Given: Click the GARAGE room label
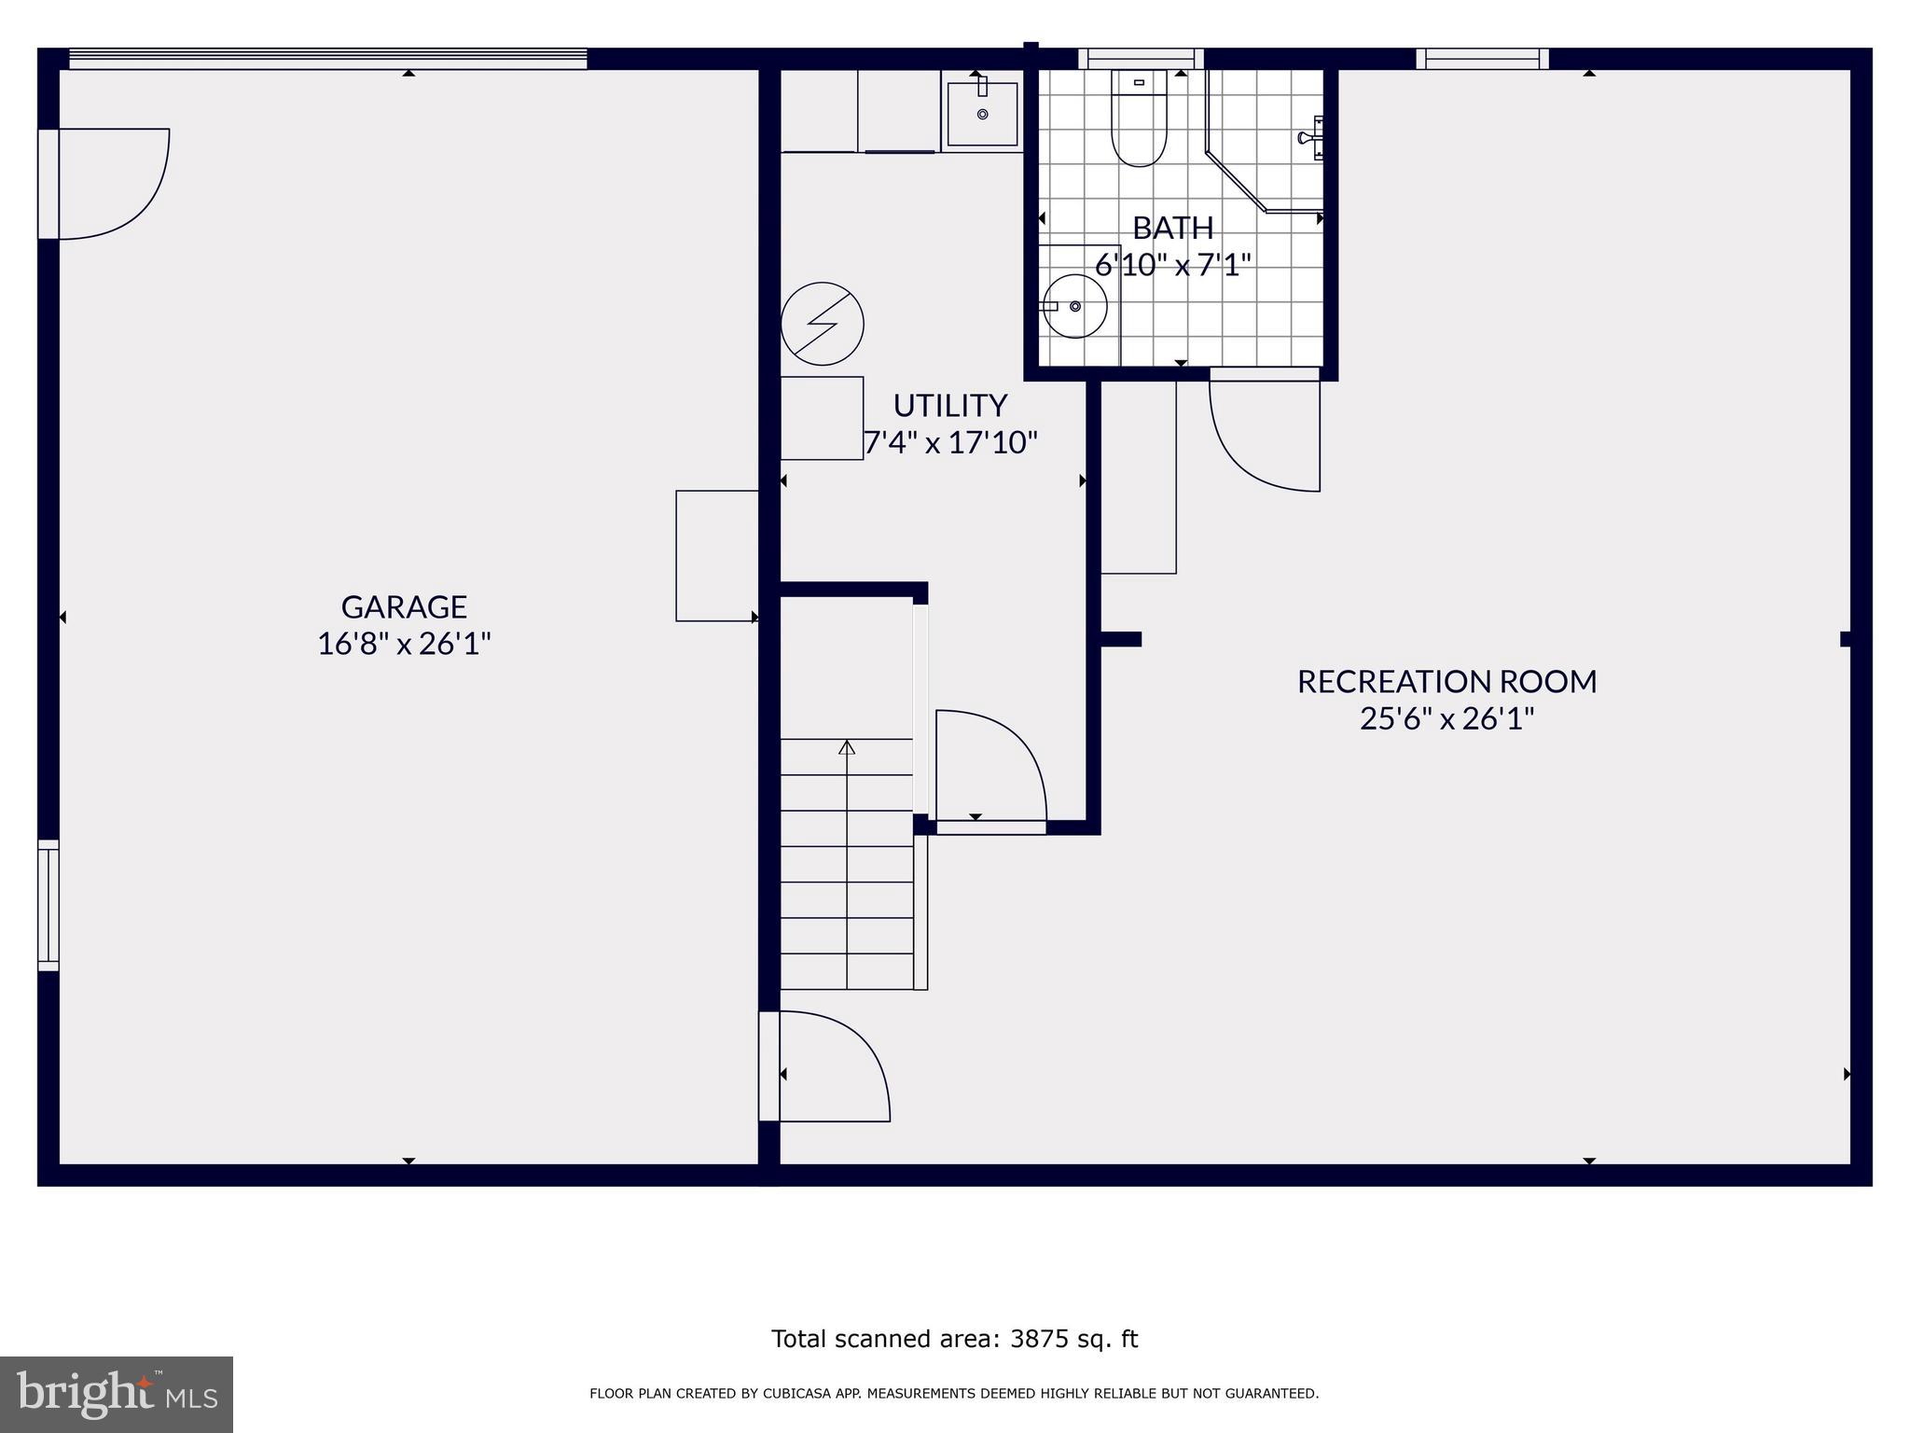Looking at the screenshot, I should coord(404,607).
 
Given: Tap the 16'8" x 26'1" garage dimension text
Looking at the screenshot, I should coord(404,645).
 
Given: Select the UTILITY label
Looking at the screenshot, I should coord(949,406).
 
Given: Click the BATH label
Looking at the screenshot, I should coord(1172,228).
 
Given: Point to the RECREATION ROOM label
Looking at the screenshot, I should coord(1446,682).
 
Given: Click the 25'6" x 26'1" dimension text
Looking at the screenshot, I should coord(1446,719).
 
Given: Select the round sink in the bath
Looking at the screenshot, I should coord(1074,306).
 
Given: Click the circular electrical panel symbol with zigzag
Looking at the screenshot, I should coord(822,324).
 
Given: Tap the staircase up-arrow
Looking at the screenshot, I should coord(847,747).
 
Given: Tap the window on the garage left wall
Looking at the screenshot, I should coord(48,905).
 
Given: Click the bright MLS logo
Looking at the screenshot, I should coord(116,1394).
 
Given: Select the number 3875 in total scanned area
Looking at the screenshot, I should coord(1038,1339).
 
